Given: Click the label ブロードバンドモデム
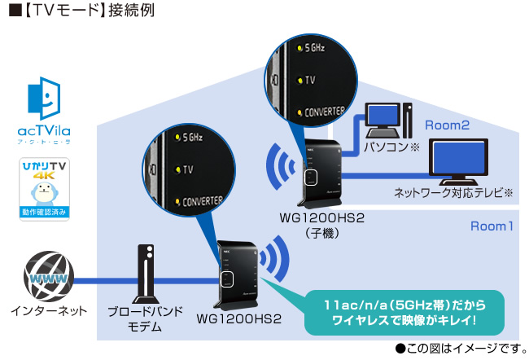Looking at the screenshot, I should pos(145,318).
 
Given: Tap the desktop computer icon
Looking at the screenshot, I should pos(386,122).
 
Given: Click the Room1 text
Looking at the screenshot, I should pos(492,226).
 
